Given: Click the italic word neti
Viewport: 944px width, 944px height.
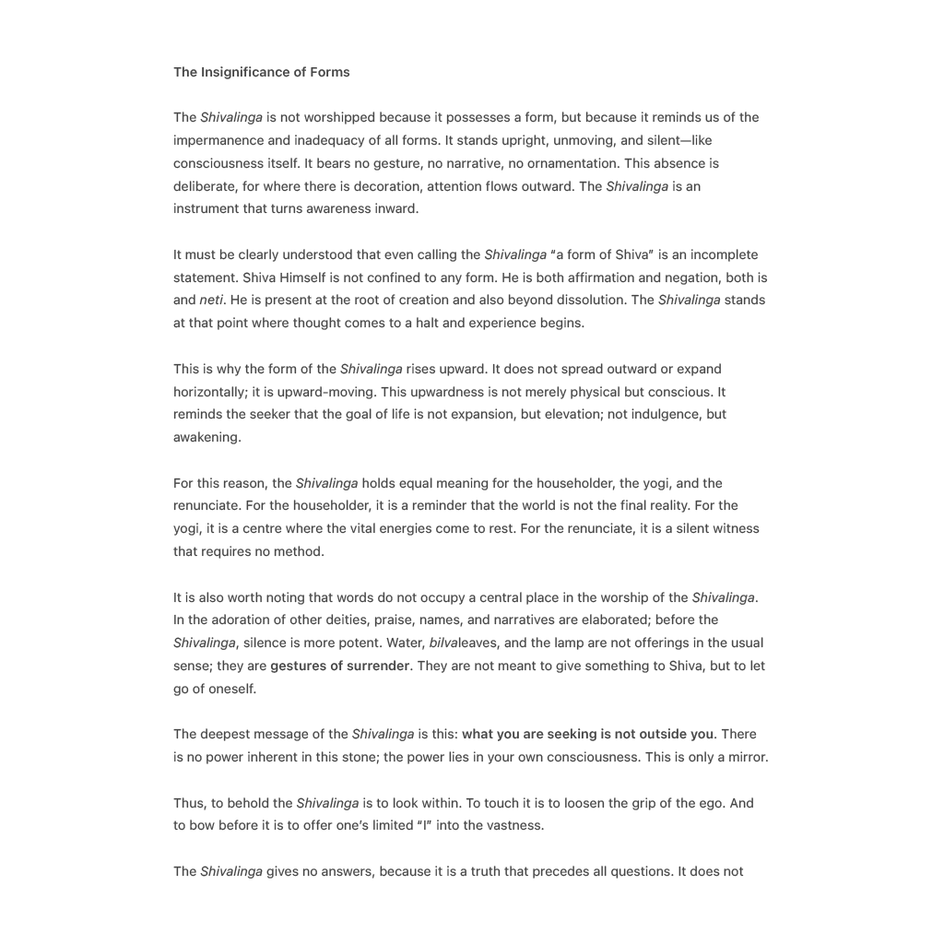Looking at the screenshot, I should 211,300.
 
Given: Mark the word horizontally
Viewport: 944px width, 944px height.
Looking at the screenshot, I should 208,392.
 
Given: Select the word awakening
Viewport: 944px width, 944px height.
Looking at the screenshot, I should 206,437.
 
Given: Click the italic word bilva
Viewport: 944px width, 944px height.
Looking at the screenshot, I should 444,643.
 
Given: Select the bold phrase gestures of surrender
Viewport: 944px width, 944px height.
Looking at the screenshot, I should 339,666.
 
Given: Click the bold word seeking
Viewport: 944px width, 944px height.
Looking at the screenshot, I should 572,734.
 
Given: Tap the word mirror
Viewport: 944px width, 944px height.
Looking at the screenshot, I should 746,757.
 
